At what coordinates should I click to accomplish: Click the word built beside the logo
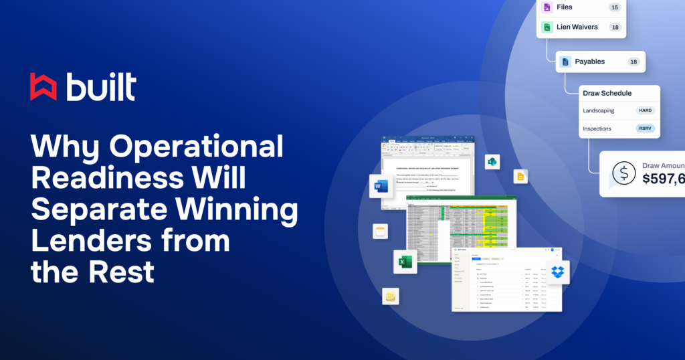(x=101, y=86)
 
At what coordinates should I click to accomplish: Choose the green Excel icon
(x=405, y=262)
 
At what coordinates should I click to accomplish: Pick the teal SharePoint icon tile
(x=492, y=162)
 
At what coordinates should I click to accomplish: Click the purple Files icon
(x=547, y=7)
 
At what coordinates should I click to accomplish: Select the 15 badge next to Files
(x=614, y=7)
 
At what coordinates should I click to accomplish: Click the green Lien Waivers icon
(x=547, y=27)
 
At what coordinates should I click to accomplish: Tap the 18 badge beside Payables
(x=633, y=62)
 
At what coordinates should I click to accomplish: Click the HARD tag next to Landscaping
(x=646, y=110)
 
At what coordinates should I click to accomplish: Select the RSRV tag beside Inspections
(x=646, y=128)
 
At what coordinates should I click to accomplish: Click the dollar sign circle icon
(x=623, y=174)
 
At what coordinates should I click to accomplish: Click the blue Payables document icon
(x=565, y=62)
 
